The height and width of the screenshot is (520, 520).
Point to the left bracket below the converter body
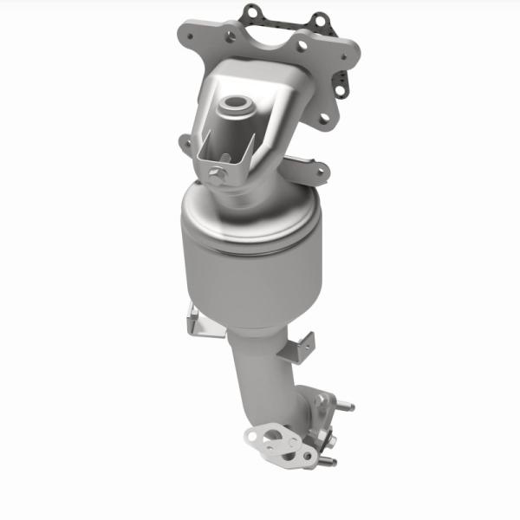196,322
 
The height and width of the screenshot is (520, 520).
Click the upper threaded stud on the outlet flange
348,403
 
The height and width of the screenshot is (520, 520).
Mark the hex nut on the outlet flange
321,400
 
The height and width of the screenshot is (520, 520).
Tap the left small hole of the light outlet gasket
252,434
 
